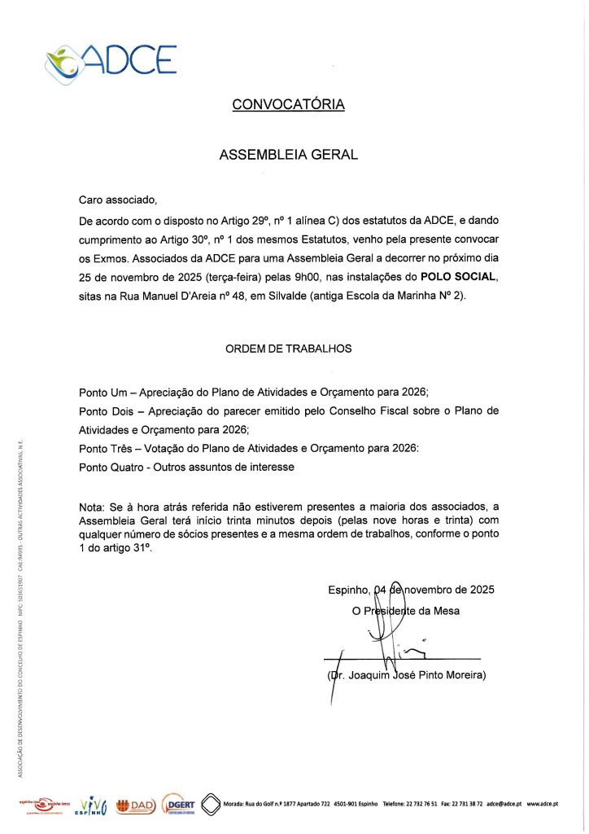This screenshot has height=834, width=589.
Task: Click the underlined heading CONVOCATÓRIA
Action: click(x=288, y=104)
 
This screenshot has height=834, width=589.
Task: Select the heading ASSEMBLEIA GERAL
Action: click(x=288, y=154)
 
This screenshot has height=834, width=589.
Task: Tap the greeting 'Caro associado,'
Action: click(x=116, y=200)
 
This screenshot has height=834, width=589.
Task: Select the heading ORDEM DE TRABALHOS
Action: click(x=288, y=349)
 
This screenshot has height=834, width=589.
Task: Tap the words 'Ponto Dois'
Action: click(x=108, y=410)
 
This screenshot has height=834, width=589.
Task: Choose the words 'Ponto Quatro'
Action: click(x=113, y=467)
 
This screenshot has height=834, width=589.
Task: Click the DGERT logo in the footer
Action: click(x=177, y=803)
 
